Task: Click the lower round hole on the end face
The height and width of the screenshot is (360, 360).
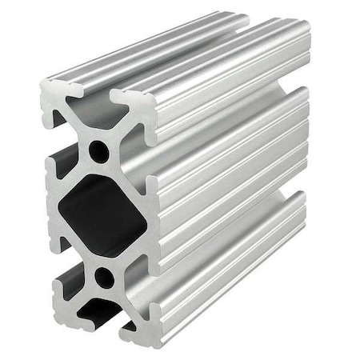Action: tap(104, 278)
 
